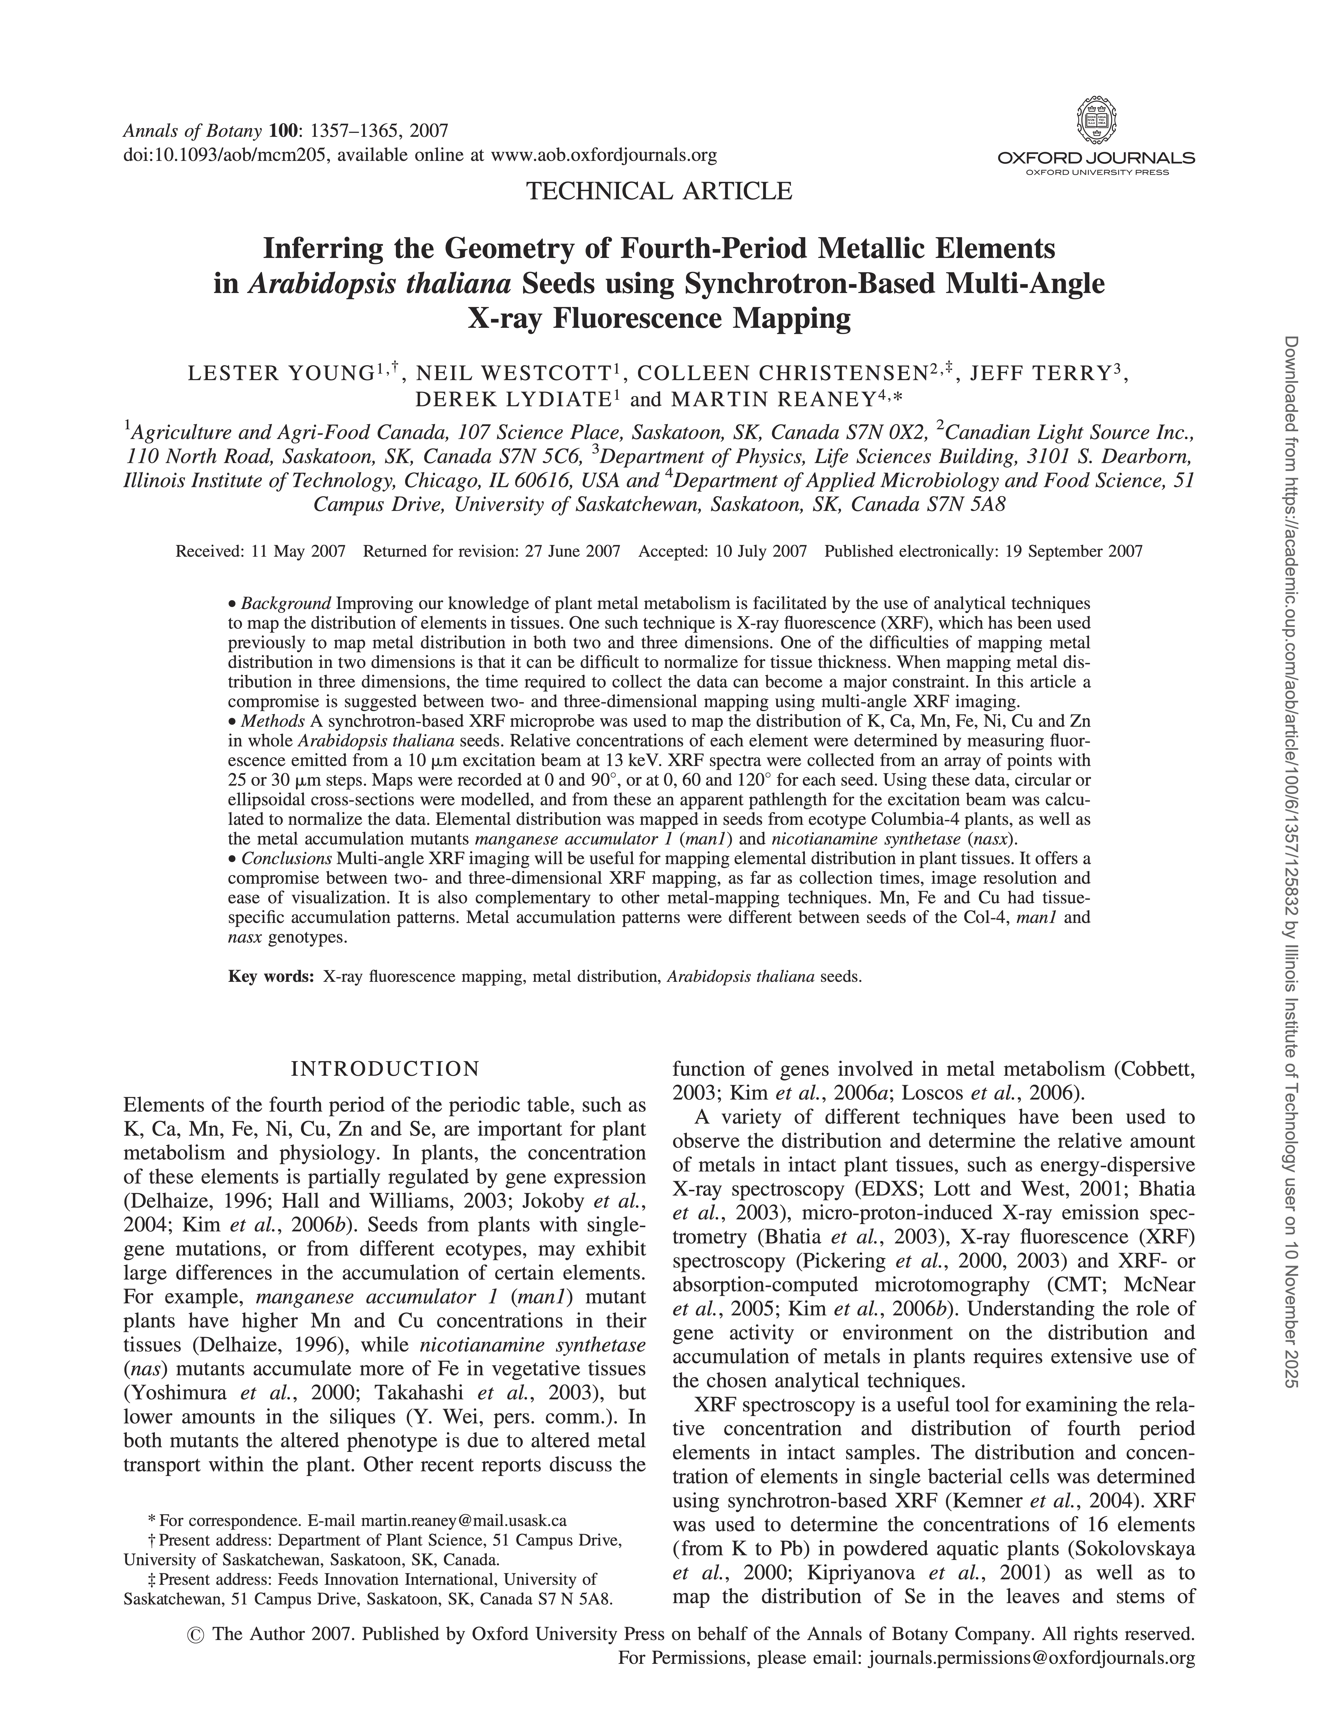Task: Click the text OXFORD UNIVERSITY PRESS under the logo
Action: [1097, 171]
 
